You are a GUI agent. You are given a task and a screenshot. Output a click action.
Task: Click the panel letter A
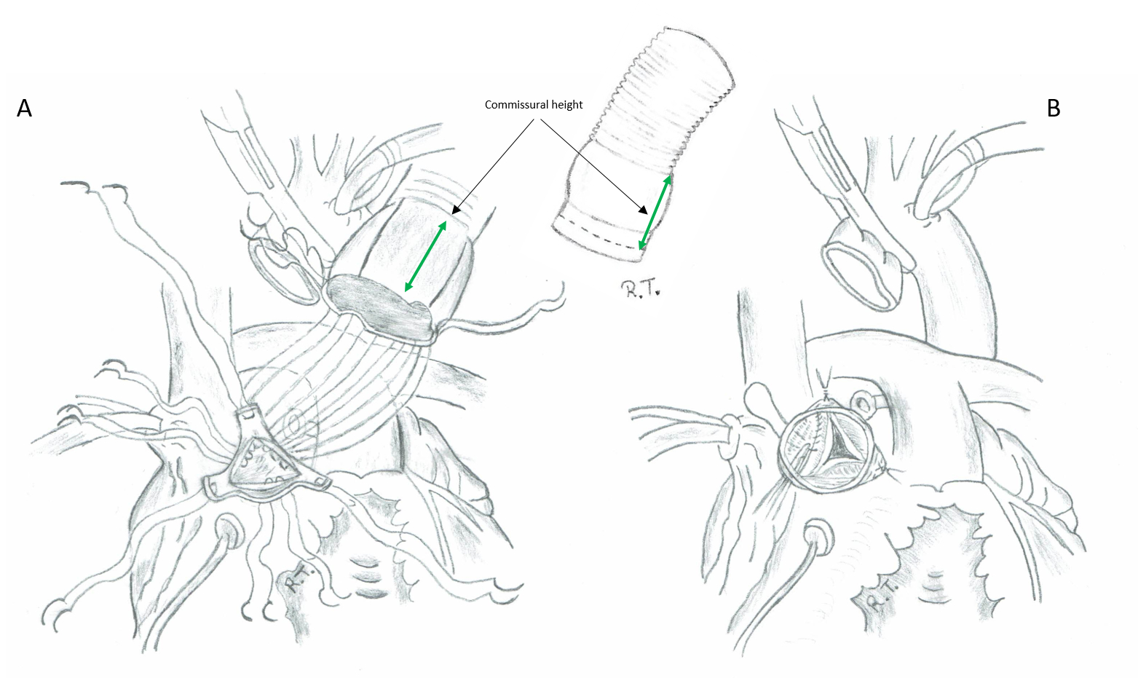(24, 109)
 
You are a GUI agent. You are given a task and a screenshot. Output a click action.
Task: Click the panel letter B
(1054, 109)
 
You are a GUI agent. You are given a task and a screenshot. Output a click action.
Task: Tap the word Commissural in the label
(513, 105)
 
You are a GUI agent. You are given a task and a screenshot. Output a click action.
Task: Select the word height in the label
(564, 105)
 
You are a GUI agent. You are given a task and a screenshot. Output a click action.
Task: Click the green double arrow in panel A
(426, 256)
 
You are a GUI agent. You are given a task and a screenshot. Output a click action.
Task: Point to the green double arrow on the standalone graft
(655, 213)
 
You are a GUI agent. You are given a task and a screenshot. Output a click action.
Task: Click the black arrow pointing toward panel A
(492, 167)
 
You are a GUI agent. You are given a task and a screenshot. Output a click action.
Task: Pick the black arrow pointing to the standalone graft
(594, 167)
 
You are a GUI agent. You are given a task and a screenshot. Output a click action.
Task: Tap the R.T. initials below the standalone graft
(639, 289)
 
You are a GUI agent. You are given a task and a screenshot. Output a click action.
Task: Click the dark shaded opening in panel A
(378, 307)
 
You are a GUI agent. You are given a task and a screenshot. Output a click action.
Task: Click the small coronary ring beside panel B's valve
(862, 403)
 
